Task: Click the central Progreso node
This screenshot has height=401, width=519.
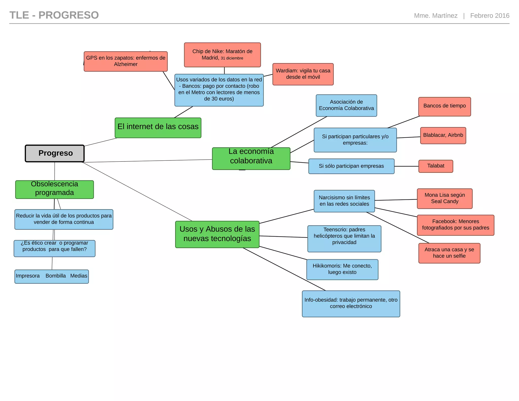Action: (55, 153)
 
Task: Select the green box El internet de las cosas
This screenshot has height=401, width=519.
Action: (158, 127)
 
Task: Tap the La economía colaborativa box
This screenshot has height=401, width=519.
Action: (251, 158)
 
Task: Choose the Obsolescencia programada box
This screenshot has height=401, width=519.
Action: (54, 189)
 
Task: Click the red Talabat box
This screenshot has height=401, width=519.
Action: (436, 166)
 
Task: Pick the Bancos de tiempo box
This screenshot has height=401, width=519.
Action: (444, 106)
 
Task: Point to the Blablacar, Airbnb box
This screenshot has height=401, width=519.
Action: (443, 135)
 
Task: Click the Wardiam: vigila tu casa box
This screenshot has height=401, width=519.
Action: (303, 74)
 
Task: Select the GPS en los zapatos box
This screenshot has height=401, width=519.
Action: (126, 61)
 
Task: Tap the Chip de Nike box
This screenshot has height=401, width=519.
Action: (222, 55)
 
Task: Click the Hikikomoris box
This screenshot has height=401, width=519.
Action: (342, 269)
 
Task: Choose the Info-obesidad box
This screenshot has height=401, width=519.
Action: (351, 303)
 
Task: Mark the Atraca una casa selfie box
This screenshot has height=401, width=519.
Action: (449, 253)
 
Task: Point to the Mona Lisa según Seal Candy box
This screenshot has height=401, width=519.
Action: (444, 198)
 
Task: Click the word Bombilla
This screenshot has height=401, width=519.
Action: (55, 276)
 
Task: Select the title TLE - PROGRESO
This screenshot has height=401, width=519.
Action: (54, 15)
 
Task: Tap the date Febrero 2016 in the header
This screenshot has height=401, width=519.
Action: (490, 16)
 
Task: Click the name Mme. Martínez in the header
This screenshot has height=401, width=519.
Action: (436, 16)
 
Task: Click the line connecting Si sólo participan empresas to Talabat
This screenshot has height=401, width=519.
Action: (406, 166)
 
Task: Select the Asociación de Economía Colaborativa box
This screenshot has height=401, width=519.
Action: (346, 105)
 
